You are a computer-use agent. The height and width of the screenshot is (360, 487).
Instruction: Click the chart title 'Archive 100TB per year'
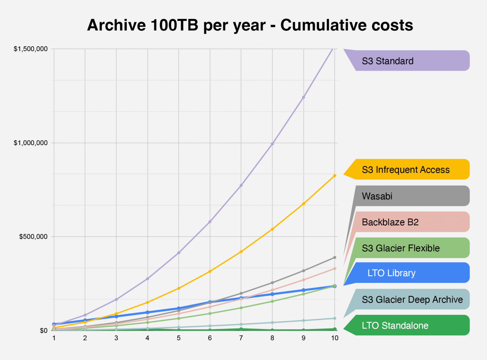point(250,25)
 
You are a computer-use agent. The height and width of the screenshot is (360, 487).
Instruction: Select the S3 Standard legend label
point(387,61)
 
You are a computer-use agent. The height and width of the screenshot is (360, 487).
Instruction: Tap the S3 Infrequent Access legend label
point(406,170)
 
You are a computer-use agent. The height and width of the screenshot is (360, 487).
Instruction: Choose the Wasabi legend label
point(377,196)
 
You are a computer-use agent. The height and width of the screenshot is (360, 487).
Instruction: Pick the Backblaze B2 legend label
point(390,222)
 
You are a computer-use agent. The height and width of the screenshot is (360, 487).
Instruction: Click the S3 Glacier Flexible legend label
point(400,248)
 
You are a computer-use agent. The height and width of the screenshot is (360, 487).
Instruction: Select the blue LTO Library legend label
point(391,273)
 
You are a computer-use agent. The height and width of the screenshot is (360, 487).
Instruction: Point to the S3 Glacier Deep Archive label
point(412,299)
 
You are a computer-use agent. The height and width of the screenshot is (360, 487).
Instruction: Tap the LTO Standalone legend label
point(395,325)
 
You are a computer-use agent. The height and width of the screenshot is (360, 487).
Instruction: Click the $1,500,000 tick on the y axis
point(30,49)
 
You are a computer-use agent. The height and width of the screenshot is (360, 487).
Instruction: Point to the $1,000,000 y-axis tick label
point(30,143)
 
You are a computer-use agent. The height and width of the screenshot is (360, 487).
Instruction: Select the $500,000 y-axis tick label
point(33,237)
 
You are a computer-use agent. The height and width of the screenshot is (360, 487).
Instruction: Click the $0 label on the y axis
point(43,331)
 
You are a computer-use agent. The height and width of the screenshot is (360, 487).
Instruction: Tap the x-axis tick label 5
point(179,338)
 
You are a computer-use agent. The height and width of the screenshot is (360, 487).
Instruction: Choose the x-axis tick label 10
point(334,338)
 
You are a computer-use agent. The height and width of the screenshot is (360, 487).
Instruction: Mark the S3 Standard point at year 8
point(272,144)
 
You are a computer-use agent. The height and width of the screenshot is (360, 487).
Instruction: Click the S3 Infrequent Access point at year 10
point(334,176)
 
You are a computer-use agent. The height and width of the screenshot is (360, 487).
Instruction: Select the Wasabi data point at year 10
point(334,258)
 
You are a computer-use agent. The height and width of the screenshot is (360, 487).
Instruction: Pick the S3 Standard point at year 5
point(179,253)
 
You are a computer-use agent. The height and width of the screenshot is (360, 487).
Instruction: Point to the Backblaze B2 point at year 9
point(303,280)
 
